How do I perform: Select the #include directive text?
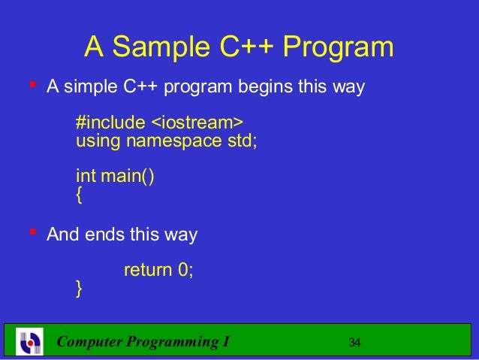[107, 122]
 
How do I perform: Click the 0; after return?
[185, 269]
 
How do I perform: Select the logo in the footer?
[31, 342]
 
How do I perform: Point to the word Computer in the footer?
[91, 343]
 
